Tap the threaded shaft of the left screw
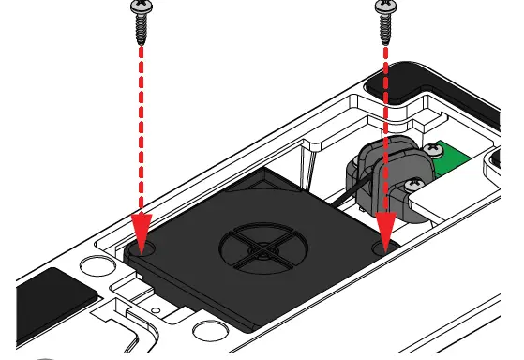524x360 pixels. click(x=142, y=28)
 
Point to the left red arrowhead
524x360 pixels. click(x=142, y=230)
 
